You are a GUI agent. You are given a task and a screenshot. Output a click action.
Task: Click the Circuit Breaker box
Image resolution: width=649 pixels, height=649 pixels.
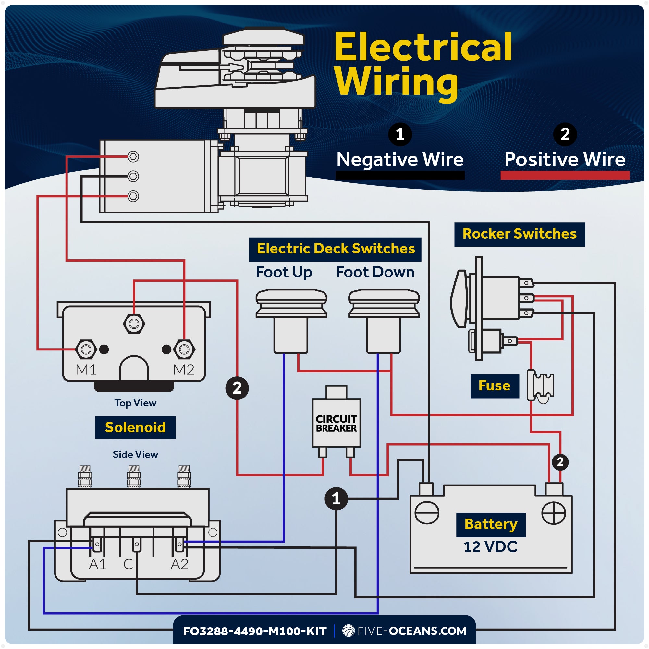(336, 423)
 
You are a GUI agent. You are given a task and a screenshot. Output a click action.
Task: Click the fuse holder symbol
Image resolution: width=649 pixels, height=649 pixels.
(541, 386)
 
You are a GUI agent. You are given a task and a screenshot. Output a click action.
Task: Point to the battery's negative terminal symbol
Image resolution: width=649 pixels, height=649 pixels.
(427, 513)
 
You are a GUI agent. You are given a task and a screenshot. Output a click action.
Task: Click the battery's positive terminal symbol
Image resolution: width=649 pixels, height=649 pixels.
(554, 513)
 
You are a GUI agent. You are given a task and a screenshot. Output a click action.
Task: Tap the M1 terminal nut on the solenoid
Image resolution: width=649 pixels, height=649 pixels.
(86, 349)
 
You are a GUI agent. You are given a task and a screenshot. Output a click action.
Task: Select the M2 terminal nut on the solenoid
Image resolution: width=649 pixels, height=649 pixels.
(184, 349)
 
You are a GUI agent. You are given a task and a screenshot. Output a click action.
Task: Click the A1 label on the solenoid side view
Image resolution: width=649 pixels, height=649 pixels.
(97, 564)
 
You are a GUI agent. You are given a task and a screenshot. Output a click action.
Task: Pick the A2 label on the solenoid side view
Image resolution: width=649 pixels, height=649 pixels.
(179, 564)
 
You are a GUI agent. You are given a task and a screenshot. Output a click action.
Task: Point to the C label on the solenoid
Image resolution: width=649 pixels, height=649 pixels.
(128, 564)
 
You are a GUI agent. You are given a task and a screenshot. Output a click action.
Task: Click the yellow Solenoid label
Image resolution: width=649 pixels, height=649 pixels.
(135, 427)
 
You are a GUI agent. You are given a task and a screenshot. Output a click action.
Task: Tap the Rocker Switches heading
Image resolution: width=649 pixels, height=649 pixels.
(519, 234)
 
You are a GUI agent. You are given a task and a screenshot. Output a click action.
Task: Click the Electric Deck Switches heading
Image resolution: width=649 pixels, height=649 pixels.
(335, 249)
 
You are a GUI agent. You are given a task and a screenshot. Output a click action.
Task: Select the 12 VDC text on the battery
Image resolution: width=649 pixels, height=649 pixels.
(490, 547)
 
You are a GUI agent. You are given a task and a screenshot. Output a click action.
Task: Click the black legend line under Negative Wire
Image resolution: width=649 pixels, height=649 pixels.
(400, 175)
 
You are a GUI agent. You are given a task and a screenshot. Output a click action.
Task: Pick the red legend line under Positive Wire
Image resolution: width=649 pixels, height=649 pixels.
(565, 175)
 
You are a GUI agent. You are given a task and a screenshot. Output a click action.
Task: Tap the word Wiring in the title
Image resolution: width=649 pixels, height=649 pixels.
(397, 82)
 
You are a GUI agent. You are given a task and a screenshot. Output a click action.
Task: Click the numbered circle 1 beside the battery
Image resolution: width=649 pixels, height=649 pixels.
(336, 499)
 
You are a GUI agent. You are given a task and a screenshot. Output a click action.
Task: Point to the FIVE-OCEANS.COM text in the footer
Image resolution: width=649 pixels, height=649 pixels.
(411, 631)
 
